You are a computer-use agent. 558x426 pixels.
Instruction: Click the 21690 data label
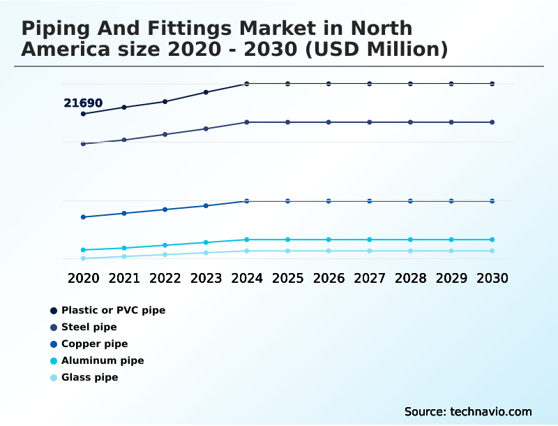(x=83, y=103)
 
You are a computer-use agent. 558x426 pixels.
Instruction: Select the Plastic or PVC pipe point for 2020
(x=83, y=114)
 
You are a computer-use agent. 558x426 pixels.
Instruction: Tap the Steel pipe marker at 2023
(x=206, y=128)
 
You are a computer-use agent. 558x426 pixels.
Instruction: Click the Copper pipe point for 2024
(x=247, y=201)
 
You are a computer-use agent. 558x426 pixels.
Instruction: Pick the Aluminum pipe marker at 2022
(x=165, y=245)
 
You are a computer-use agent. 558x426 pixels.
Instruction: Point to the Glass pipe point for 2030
(x=492, y=251)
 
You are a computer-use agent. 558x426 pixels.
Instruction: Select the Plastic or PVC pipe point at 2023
(x=206, y=92)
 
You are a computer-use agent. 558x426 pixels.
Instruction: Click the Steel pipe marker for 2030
(x=492, y=122)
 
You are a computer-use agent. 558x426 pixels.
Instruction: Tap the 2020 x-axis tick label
(x=83, y=278)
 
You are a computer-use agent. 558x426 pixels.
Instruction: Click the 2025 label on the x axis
(x=287, y=278)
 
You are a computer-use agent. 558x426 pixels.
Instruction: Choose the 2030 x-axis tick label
(x=492, y=278)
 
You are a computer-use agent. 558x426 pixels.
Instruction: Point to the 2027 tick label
(x=369, y=278)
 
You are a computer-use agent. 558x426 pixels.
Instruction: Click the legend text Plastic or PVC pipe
(x=113, y=310)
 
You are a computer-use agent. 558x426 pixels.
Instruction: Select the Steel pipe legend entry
(x=89, y=327)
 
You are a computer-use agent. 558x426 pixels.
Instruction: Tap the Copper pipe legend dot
(x=54, y=344)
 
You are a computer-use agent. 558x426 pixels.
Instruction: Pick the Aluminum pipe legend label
(x=103, y=361)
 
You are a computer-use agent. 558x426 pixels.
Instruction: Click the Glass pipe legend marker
(x=54, y=378)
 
